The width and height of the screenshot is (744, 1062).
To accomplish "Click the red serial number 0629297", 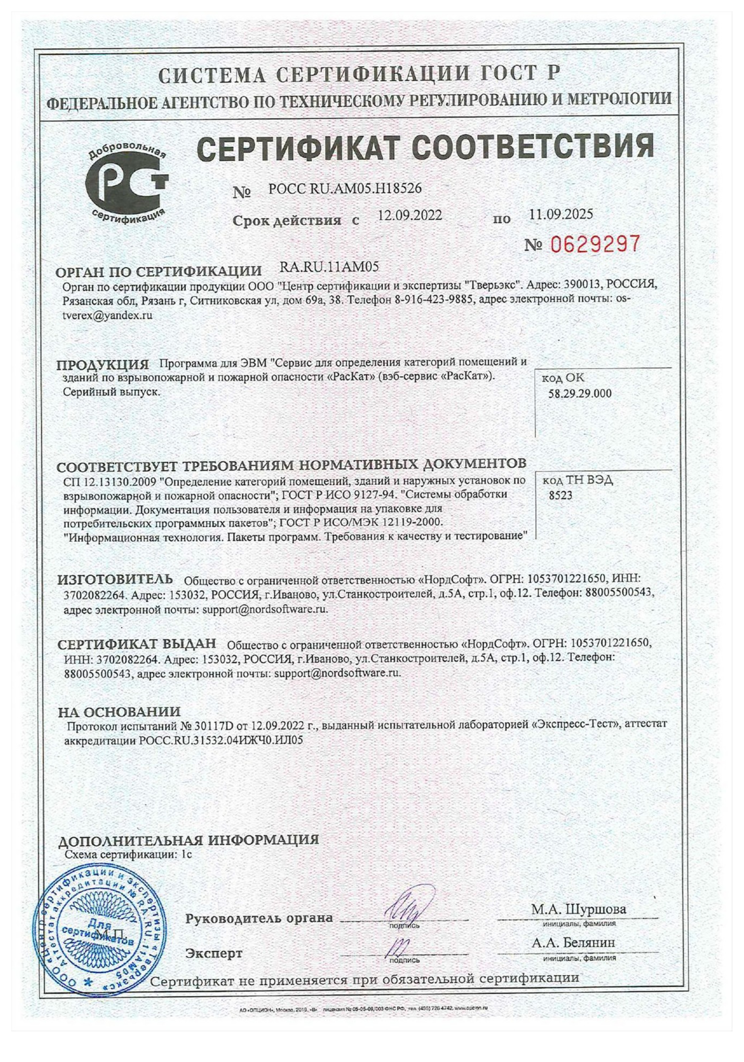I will tap(595, 243).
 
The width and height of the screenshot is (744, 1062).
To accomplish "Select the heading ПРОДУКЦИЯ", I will tap(103, 365).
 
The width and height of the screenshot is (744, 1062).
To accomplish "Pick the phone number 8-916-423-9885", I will tap(435, 300).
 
